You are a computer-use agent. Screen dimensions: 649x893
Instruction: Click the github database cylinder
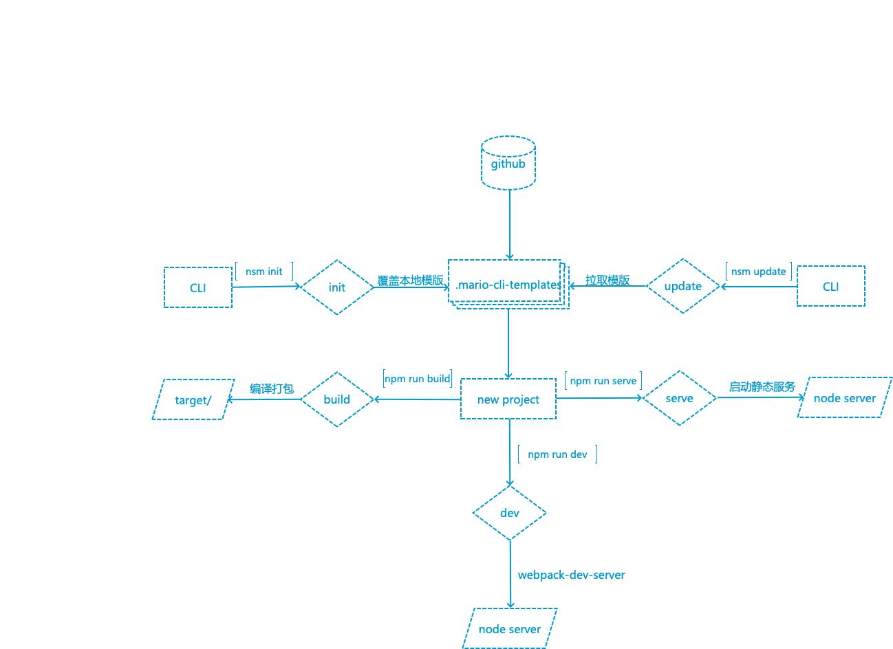coord(508,163)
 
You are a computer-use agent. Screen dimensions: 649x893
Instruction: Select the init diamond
coord(337,287)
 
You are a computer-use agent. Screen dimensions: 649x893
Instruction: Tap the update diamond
coord(682,286)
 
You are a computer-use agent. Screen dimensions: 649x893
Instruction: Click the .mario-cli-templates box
coord(508,284)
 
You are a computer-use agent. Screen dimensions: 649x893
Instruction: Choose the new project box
coord(508,399)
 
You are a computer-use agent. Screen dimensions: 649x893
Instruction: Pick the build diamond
coord(337,399)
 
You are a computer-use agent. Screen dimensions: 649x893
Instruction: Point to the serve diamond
coord(679,398)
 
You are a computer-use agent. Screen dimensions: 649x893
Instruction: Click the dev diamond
coord(509,513)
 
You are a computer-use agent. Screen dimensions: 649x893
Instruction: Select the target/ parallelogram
coord(193,399)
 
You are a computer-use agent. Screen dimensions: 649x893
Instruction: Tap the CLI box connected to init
coord(198,287)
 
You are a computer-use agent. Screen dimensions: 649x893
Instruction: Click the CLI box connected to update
coord(830,286)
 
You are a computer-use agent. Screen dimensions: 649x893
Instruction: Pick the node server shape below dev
coord(509,628)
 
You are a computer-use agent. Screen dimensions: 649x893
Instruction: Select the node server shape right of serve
coord(844,397)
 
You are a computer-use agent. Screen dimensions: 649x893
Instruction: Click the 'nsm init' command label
coord(264,272)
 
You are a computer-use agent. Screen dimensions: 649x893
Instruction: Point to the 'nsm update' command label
coord(758,272)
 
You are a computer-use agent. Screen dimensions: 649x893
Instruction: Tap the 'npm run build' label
coord(418,379)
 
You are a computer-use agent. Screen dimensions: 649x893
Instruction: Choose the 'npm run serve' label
coord(603,380)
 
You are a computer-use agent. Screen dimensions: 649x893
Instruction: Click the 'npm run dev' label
coord(557,454)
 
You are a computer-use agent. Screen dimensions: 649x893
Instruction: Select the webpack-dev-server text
coord(571,575)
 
